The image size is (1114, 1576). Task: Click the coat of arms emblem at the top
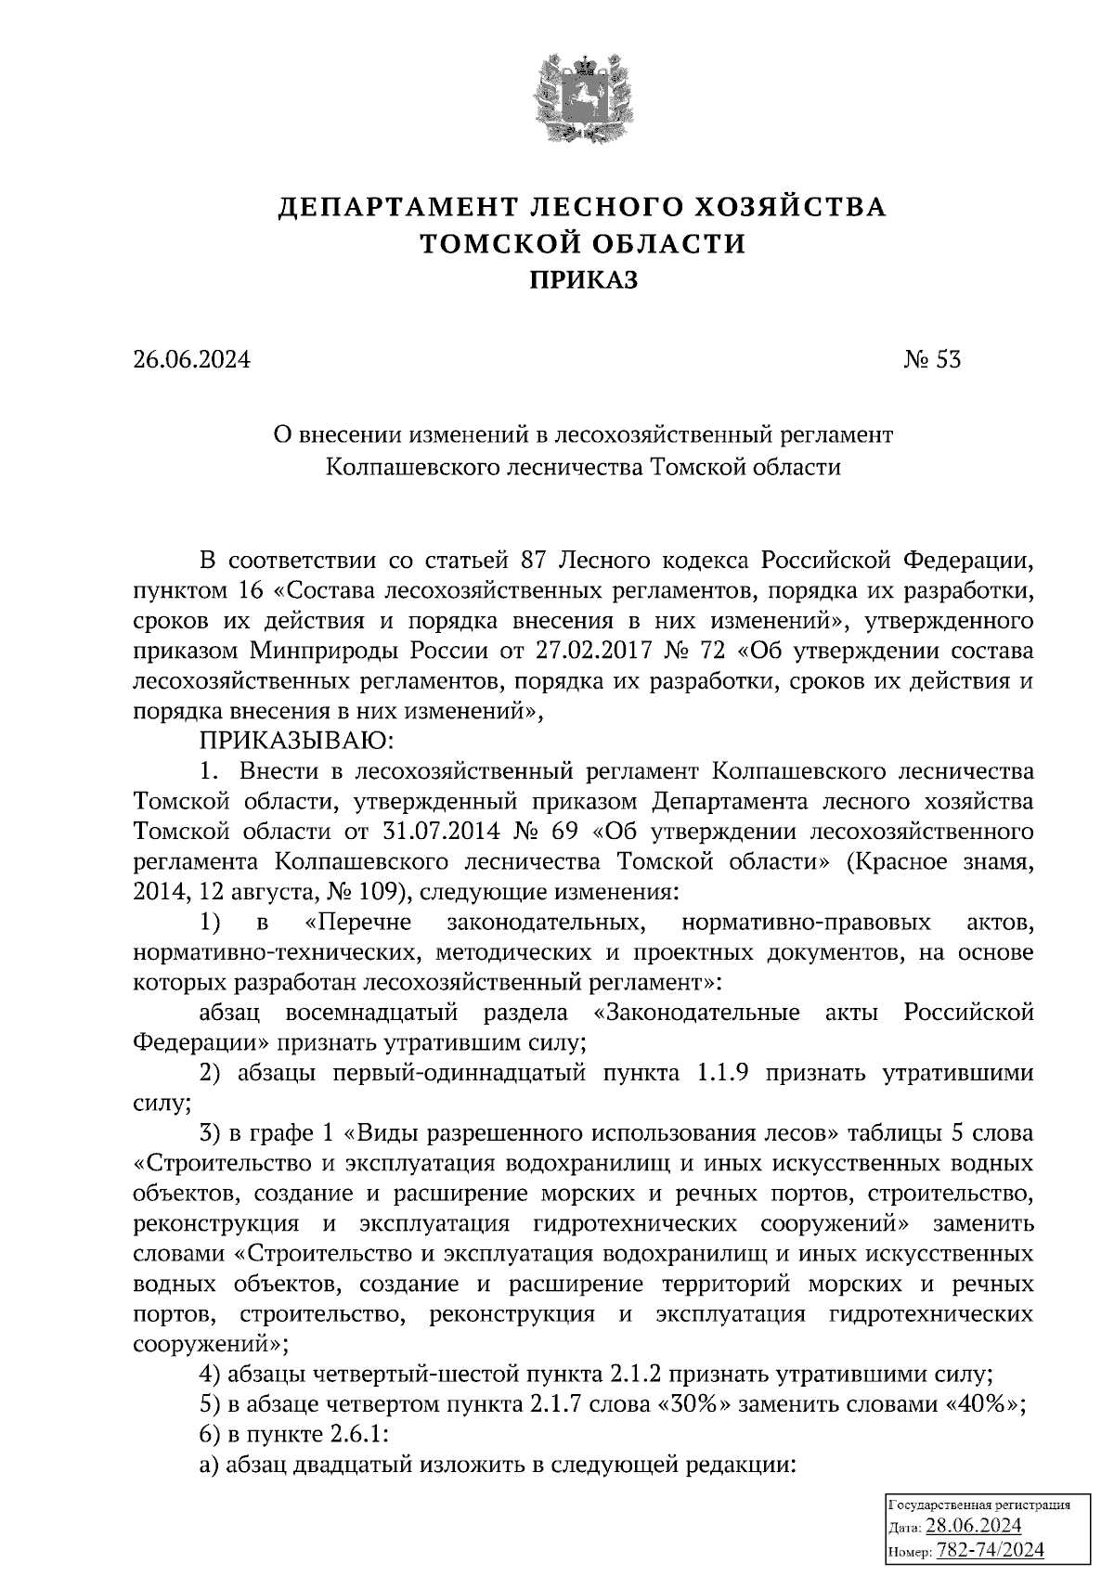tap(582, 95)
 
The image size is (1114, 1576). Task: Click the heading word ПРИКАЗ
tap(583, 279)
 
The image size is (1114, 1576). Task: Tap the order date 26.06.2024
tap(191, 360)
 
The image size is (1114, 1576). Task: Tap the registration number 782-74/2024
tap(991, 1550)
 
